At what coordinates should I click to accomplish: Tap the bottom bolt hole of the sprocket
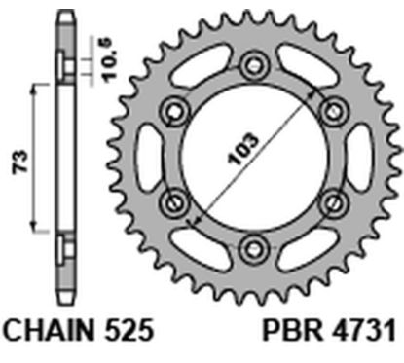pyautogui.click(x=256, y=244)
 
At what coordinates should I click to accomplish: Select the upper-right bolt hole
pyautogui.click(x=334, y=109)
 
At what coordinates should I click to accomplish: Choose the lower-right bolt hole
pyautogui.click(x=334, y=201)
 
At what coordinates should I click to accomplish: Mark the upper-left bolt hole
pyautogui.click(x=178, y=109)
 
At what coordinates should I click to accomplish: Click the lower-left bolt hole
pyautogui.click(x=178, y=201)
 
